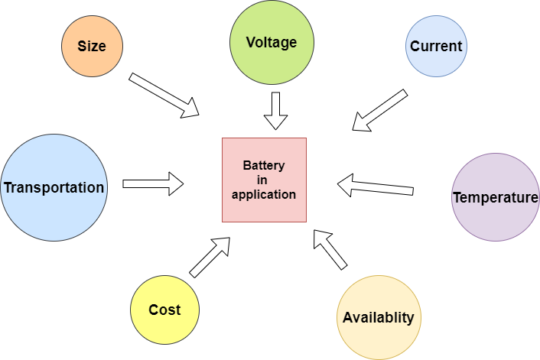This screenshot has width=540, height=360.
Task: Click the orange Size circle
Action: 92,46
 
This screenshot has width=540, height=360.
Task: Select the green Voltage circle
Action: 271,42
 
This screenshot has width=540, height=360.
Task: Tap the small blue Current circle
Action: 435,46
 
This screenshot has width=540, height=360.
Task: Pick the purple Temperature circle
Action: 495,197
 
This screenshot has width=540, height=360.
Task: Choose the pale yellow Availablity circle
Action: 379,317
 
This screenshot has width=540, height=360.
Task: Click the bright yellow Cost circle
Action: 164,310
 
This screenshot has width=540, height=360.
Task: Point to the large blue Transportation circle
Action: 54,187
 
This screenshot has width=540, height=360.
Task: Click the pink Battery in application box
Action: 264,180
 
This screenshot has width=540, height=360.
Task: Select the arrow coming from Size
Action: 164,96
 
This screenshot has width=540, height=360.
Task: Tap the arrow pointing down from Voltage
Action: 275,111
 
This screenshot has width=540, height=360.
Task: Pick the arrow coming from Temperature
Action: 375,186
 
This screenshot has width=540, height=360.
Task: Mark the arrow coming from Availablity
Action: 330,249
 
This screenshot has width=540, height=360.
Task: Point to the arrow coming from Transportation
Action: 154,183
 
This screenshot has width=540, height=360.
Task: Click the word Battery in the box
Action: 263,165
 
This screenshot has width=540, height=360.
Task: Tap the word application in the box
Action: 263,194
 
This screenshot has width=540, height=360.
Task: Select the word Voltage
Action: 271,42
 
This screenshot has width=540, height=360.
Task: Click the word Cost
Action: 164,310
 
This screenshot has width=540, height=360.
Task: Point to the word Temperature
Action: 495,198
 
